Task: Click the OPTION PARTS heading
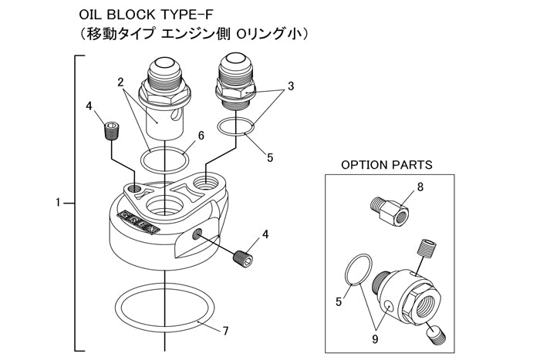point(386,165)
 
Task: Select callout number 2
point(121,81)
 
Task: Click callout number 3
point(291,86)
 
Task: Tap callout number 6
point(201,136)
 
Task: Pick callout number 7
point(225,331)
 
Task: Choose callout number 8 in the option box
point(420,187)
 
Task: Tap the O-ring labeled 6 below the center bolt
point(166,159)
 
